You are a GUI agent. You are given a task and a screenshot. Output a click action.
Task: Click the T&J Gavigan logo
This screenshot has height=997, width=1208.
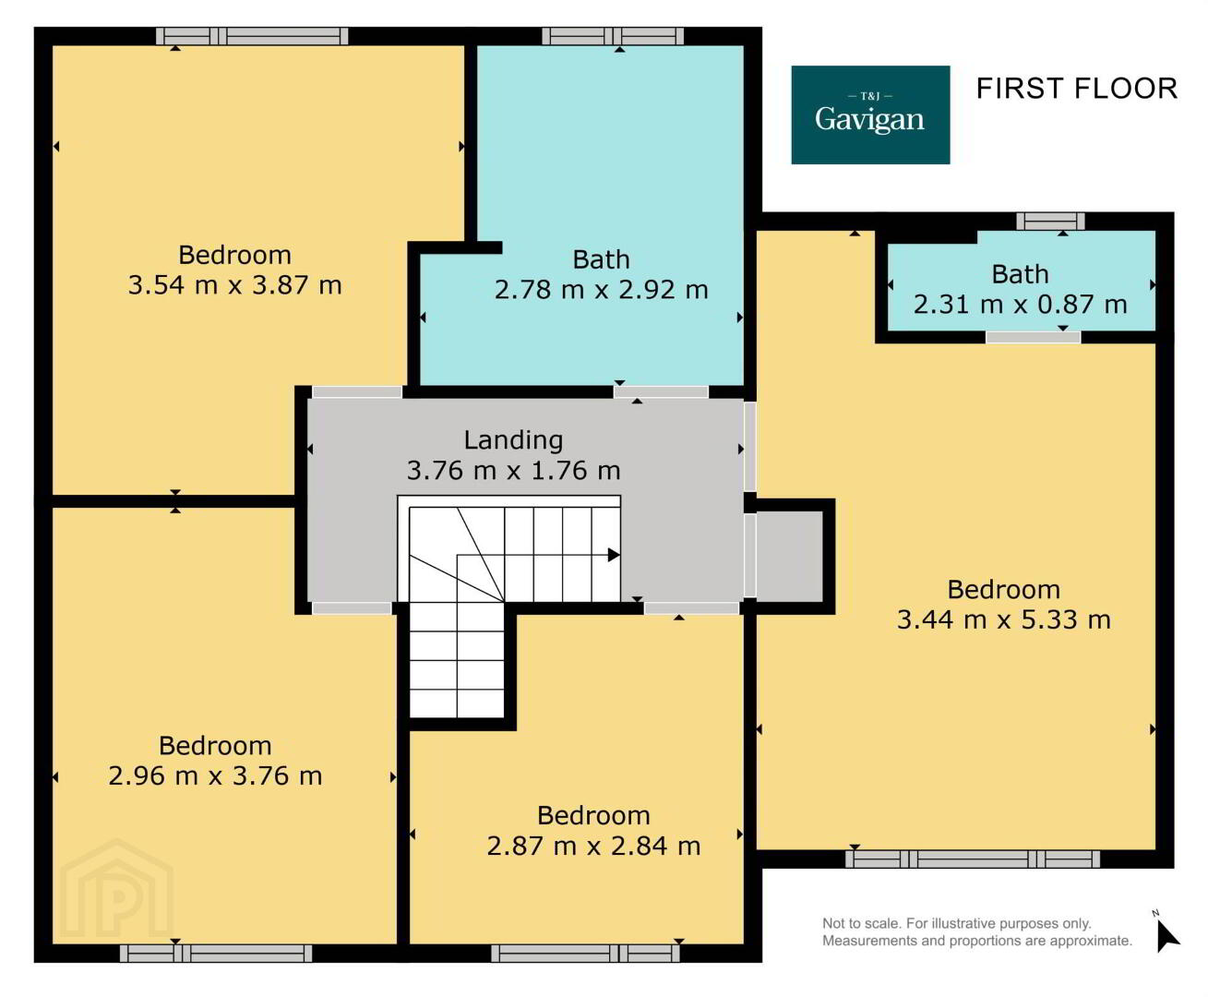870,114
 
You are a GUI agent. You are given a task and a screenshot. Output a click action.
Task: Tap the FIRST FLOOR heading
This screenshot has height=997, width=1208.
1077,90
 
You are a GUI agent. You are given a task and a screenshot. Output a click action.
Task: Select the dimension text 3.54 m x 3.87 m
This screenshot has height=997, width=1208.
235,285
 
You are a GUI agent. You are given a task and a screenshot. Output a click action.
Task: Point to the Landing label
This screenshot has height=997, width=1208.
513,440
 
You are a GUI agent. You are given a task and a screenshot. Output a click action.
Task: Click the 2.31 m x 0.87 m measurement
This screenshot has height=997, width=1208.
1020,305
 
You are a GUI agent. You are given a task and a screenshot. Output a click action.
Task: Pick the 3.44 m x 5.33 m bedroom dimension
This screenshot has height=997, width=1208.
1004,619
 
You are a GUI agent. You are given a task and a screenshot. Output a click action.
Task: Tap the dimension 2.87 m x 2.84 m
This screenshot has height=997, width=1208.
593,847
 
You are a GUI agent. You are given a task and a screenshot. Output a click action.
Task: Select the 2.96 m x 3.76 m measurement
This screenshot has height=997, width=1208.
215,776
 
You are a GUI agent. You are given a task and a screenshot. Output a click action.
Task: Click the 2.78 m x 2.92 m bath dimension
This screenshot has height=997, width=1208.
601,290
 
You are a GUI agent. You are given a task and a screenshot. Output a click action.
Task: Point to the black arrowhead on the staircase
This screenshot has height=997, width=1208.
614,555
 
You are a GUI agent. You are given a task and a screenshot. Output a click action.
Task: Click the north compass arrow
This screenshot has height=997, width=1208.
1166,937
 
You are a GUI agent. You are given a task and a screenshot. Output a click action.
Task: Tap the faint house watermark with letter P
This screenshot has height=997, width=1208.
117,889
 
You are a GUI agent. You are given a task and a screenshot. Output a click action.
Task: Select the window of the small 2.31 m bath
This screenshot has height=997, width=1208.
1050,221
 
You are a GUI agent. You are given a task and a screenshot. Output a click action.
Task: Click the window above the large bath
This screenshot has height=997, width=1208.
613,36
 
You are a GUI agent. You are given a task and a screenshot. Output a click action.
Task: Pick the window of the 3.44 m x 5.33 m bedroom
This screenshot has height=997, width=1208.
972,859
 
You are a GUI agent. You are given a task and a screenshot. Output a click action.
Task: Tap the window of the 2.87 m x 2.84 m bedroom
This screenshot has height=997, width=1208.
585,953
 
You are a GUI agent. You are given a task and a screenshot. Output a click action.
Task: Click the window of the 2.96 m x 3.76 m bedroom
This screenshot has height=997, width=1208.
216,953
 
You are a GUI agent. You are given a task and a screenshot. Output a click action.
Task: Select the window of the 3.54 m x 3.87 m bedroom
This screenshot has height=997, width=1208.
252,36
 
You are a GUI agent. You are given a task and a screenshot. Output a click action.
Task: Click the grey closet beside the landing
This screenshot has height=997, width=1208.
790,556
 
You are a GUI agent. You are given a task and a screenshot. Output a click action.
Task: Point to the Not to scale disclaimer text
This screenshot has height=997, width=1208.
977,931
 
